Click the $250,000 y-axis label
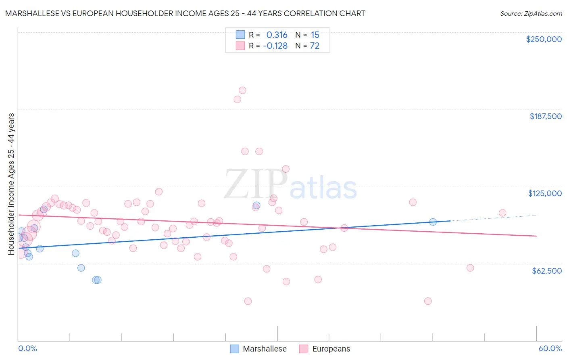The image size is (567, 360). [x=544, y=39]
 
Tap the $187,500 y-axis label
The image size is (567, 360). [x=545, y=116]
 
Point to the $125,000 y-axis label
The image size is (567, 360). [x=545, y=193]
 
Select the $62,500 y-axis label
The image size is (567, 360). [x=547, y=271]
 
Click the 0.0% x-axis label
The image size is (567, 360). [x=27, y=348]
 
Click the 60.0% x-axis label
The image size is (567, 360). [x=550, y=348]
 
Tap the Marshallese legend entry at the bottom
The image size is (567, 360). [x=265, y=349]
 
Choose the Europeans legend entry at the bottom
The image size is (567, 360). [x=331, y=349]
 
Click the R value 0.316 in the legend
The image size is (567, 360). [x=277, y=35]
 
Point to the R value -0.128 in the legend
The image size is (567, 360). [x=275, y=46]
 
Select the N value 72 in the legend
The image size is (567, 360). [x=315, y=46]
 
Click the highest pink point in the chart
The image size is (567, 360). [x=242, y=90]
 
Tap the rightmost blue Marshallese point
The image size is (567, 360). [x=433, y=222]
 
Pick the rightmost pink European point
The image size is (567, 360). [x=502, y=213]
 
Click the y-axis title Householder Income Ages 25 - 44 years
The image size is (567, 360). [x=11, y=184]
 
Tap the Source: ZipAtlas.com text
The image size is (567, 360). [x=531, y=13]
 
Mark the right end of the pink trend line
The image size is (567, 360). [x=536, y=236]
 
